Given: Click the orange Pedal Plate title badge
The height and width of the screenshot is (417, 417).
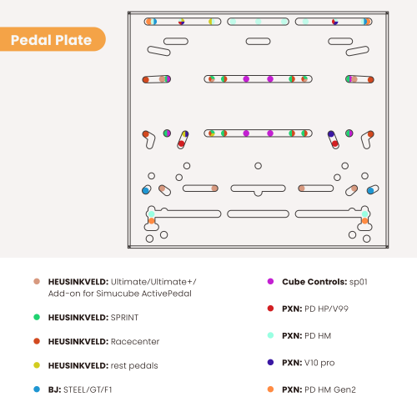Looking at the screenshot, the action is (53, 39).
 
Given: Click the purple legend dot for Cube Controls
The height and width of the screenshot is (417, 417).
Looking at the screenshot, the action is (270, 281).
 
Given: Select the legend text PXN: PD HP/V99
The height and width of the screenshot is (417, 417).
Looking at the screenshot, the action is (315, 309).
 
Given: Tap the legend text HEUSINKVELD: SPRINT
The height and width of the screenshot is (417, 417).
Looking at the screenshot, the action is (93, 317).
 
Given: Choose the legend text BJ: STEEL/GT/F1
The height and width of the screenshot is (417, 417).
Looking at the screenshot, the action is (80, 389).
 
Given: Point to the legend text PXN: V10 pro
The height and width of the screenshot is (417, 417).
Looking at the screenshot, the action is (309, 363).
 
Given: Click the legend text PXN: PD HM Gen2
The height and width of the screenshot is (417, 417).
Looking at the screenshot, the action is (319, 389).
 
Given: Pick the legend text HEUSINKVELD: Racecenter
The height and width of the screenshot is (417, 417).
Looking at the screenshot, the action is (103, 341).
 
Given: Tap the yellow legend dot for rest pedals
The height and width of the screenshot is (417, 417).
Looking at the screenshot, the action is (37, 365).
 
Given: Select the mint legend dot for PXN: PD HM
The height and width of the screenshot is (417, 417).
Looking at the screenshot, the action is (270, 335).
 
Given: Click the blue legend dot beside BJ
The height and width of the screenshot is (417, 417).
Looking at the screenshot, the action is (37, 389).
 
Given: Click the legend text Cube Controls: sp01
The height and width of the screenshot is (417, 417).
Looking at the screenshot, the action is (324, 282).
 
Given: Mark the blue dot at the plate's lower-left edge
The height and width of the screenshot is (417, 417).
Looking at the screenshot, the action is (145, 190).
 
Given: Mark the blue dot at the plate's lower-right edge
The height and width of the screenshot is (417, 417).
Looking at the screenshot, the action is (370, 190).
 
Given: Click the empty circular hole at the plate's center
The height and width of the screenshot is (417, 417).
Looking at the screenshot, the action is (258, 166).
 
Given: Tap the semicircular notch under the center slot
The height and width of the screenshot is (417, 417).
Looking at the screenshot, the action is (258, 193).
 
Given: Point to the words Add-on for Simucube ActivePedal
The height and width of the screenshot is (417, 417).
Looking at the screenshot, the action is (120, 294).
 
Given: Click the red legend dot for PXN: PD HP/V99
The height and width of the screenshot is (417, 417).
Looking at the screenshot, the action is (270, 309).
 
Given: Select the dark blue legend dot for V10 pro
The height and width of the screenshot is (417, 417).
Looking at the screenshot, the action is (270, 362).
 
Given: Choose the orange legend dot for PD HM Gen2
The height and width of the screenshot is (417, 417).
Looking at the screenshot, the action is (270, 389).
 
